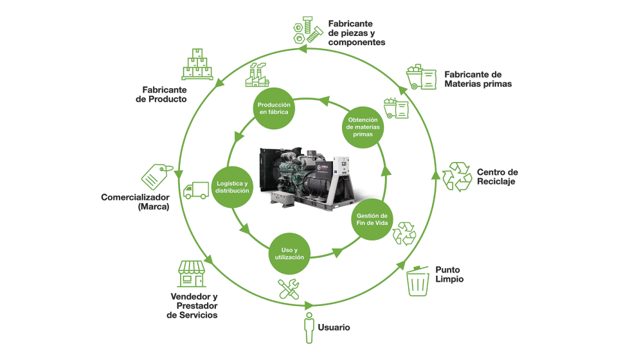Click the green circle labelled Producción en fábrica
[274, 109]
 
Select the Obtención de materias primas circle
[363, 127]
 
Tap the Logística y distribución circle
[231, 187]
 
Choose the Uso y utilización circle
[289, 253]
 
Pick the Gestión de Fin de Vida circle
[372, 219]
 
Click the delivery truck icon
[195, 190]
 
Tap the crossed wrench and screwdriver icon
[289, 289]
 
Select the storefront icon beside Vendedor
[191, 274]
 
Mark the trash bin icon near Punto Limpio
[418, 280]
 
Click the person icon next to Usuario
[309, 327]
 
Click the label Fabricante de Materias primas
[478, 79]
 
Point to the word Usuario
[334, 328]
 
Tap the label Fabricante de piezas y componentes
[356, 33]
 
